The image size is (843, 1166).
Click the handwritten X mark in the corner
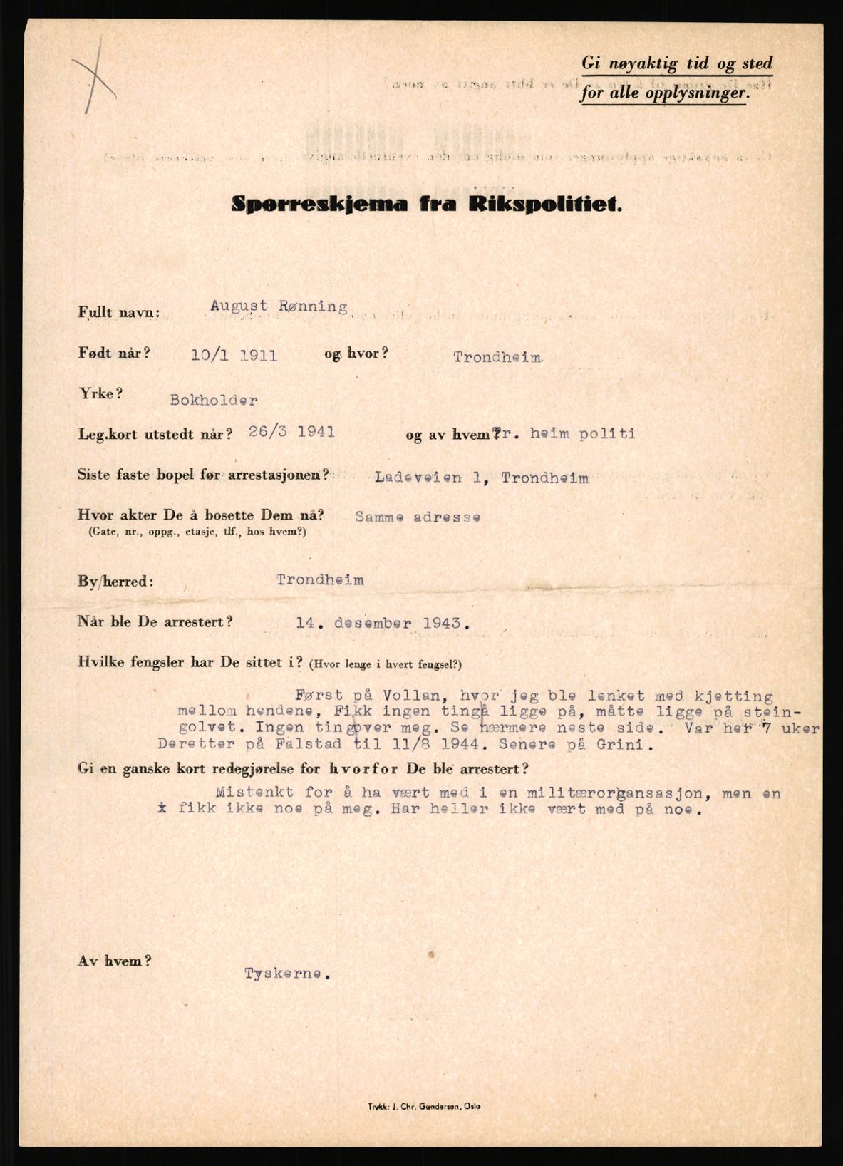point(95,76)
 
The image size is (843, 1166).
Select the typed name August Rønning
point(279,307)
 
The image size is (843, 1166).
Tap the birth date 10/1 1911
point(234,356)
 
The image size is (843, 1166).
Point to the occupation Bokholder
point(213,400)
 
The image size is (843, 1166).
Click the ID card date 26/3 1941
point(292,431)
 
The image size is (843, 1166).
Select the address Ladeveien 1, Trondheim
point(482,478)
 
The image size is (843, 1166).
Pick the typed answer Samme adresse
point(417,517)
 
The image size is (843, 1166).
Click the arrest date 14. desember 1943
point(383,623)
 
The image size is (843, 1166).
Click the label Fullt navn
point(119,313)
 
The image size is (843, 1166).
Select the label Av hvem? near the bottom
point(114,960)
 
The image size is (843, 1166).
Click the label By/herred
point(115,581)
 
